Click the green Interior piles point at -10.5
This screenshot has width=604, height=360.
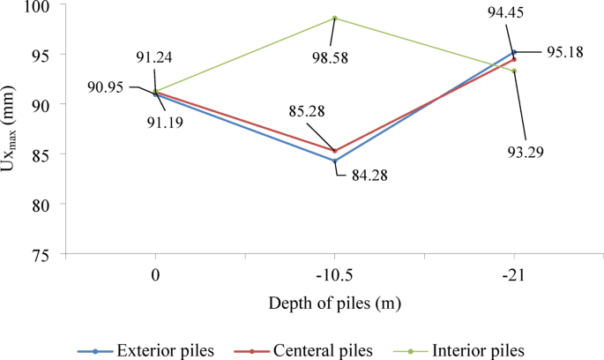tap(335, 18)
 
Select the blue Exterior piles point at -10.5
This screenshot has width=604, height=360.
tap(335, 161)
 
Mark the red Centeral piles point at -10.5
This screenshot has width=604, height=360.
tap(335, 151)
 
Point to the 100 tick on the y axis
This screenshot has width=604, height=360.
tap(44, 5)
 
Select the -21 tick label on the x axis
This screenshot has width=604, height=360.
tap(514, 274)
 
